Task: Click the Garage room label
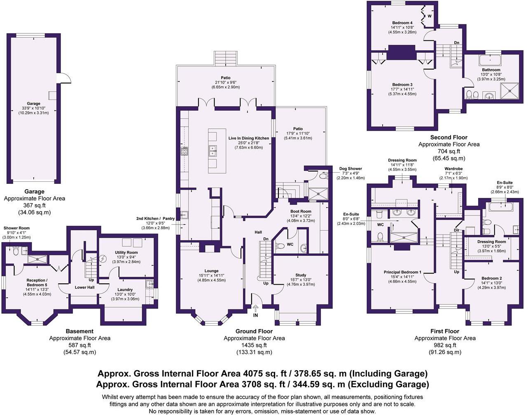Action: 34,104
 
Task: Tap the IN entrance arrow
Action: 256,308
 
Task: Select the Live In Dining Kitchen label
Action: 248,138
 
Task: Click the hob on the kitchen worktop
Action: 185,151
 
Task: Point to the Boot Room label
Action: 301,211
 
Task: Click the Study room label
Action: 301,275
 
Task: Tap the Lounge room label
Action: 212,271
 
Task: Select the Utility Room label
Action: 126,253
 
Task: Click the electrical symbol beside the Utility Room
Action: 103,258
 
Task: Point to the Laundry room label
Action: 125,290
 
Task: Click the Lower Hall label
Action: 85,287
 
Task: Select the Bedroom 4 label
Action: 402,23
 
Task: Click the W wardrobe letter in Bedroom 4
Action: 430,16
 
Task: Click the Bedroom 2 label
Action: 492,278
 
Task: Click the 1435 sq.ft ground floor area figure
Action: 254,345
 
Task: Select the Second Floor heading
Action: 449,137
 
